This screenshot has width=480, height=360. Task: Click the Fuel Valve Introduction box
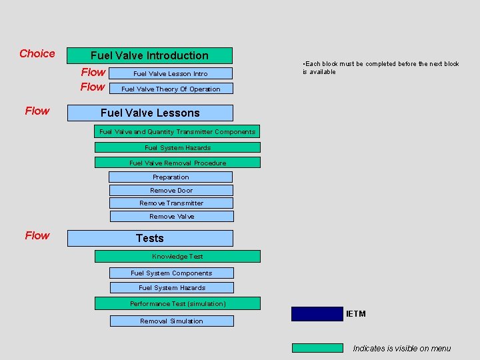tap(149, 55)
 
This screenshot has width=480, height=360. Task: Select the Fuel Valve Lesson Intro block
tap(171, 73)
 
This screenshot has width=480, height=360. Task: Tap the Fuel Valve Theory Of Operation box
tap(171, 89)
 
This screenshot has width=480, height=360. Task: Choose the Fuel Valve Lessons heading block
tap(150, 113)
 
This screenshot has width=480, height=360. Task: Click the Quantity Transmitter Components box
tap(177, 132)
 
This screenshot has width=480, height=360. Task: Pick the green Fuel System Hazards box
tap(177, 147)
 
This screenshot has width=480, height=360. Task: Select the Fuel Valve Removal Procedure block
tap(177, 163)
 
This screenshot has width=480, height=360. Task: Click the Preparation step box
tap(171, 177)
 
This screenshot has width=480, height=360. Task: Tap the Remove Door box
tap(171, 190)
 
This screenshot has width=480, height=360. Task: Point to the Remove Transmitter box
tap(171, 203)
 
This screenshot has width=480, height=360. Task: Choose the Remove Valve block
tap(171, 216)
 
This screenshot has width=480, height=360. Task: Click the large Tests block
tap(150, 238)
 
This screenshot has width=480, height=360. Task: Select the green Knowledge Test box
tap(177, 256)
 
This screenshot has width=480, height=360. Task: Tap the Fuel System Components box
tap(171, 273)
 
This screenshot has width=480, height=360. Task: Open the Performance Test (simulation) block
tap(177, 303)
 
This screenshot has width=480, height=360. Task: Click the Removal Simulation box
tap(171, 321)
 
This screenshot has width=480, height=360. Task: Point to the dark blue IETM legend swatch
tap(317, 314)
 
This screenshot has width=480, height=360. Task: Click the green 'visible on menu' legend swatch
tap(317, 347)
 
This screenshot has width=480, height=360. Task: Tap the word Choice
tap(37, 54)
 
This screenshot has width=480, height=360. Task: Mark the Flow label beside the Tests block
tap(37, 235)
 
